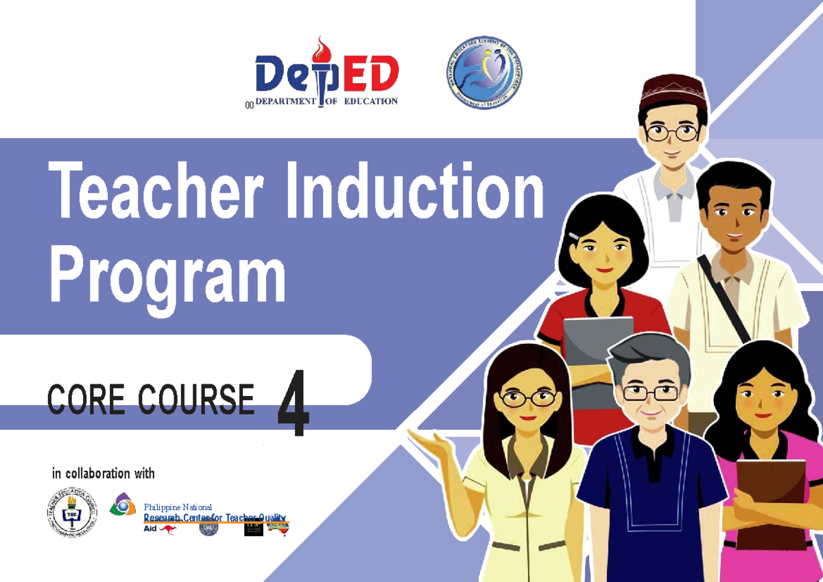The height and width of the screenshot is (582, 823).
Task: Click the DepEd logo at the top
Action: (326, 75)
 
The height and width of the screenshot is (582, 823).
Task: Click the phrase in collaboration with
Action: (104, 474)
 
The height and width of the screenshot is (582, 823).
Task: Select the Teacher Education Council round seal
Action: (71, 513)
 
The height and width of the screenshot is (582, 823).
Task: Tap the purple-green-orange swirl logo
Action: (123, 504)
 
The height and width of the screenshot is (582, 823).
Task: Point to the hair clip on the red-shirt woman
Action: (573, 235)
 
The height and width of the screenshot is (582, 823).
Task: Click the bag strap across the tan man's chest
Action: (724, 298)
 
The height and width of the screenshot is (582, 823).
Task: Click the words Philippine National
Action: (178, 507)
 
